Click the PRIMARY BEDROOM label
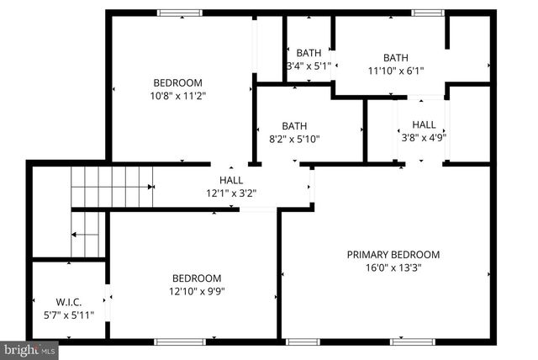tap(393, 255)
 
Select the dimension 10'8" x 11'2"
tap(177, 96)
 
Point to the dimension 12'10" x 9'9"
tap(197, 292)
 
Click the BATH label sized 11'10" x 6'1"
tap(395, 58)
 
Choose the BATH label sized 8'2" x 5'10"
tap(294, 126)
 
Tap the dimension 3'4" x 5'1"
tap(311, 65)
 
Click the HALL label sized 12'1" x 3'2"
tap(231, 180)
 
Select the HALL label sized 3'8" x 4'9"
tap(424, 124)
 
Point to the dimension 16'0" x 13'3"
tap(393, 268)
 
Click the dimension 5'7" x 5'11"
tap(69, 315)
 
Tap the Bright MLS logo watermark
tap(29, 348)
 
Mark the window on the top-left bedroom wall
tap(181, 13)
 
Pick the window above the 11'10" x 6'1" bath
tap(427, 13)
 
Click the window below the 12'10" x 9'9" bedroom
tap(180, 341)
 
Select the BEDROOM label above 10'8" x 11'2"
tap(177, 82)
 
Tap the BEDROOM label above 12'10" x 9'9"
tap(197, 278)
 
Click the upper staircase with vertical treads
tap(113, 186)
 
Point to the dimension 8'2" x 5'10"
tap(294, 140)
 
